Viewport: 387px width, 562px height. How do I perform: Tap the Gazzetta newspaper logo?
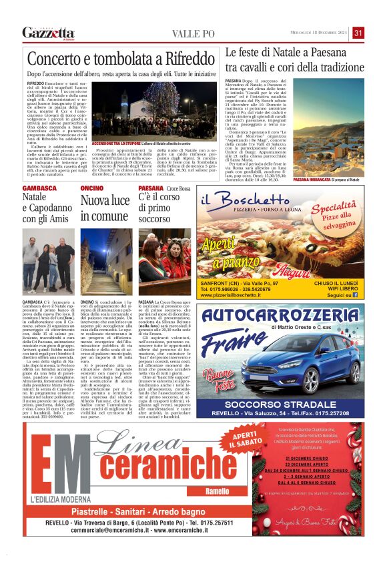[x=48, y=33]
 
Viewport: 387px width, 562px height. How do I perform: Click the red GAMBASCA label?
[x=39, y=189]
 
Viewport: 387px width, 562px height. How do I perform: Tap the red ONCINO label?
[x=91, y=189]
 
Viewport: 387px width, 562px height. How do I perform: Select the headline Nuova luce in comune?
[x=105, y=208]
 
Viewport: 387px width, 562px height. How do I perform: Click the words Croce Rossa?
[x=177, y=189]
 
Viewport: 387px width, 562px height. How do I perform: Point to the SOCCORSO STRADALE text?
[x=280, y=385]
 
